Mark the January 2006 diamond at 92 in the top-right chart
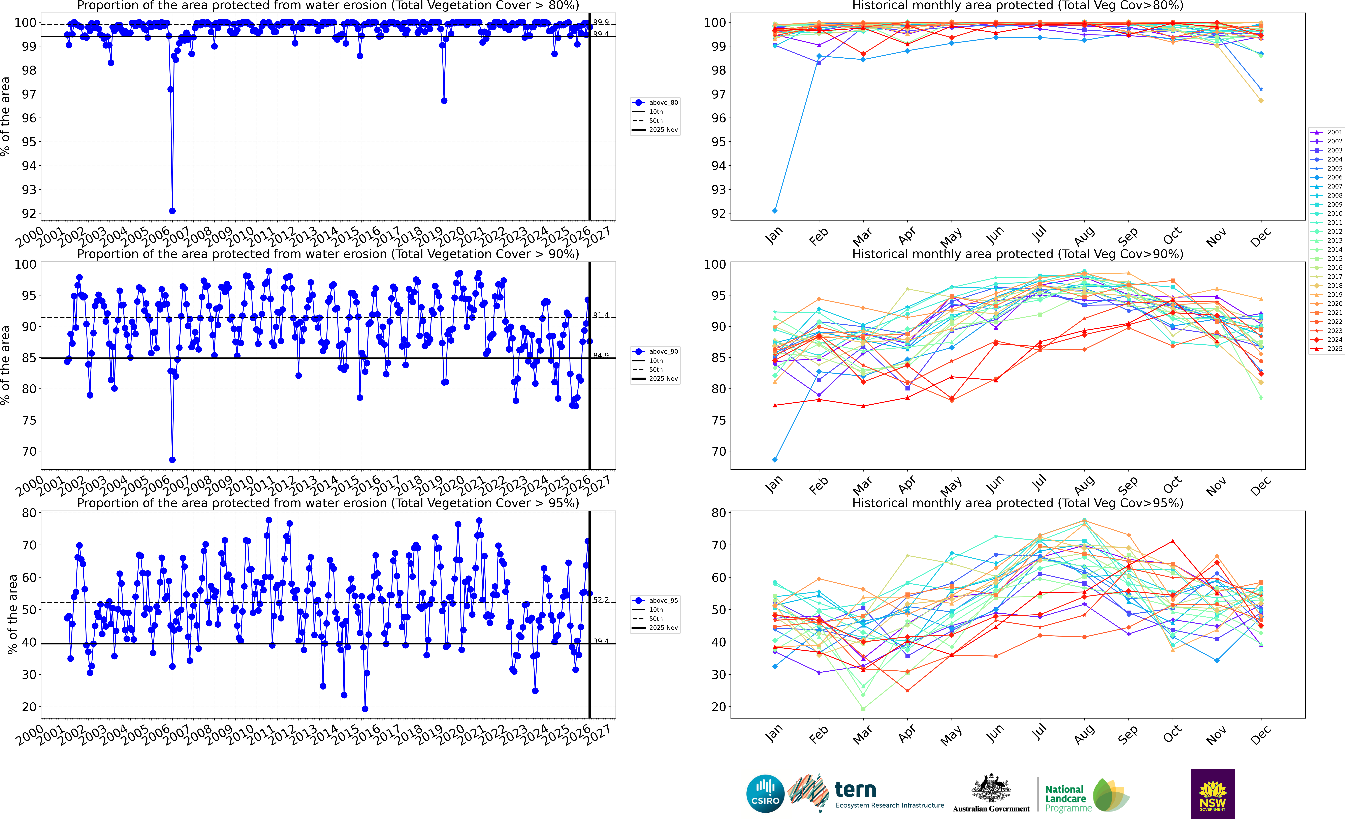(x=775, y=211)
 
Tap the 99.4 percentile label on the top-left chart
(x=601, y=34)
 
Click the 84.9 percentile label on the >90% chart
(x=601, y=355)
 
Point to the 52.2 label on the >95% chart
(x=601, y=600)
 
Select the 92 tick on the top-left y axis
(x=29, y=213)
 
